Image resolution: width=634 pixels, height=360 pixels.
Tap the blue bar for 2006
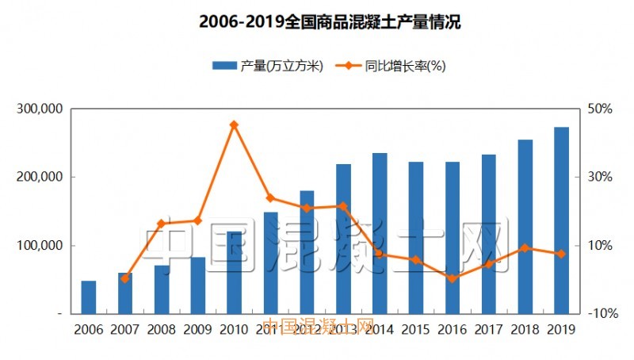pos(88,297)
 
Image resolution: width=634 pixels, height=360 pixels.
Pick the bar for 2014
pos(380,233)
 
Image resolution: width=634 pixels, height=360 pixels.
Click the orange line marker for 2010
pos(234,124)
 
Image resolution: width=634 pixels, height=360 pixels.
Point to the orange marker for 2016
pos(452,278)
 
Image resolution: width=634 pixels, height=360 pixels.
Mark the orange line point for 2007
pos(124,278)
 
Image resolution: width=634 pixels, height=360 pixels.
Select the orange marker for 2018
pos(525,248)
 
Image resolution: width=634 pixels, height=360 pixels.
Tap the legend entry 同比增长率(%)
pos(394,67)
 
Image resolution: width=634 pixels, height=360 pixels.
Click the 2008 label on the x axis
pos(161,328)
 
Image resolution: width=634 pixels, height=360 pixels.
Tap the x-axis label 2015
pos(415,328)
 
